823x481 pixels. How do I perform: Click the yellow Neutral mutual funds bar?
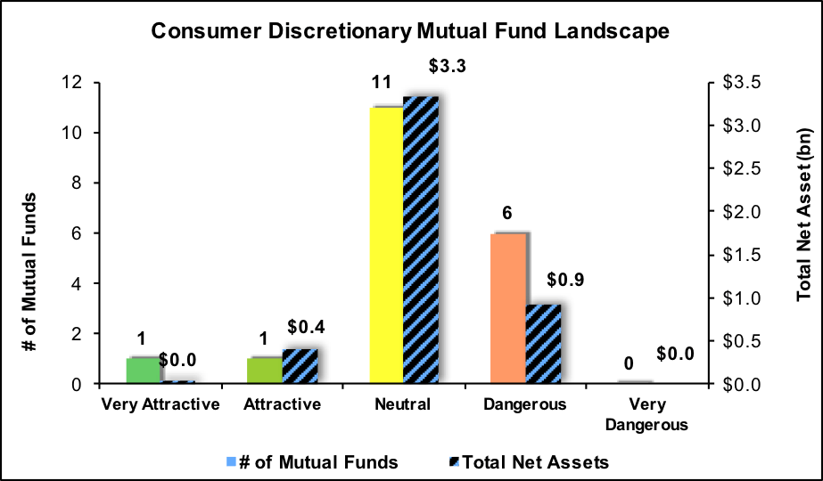click(385, 245)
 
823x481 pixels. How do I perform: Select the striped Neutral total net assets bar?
click(420, 240)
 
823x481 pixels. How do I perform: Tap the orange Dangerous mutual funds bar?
click(507, 308)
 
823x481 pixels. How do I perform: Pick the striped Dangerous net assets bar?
click(542, 344)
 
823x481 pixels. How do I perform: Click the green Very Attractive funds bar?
click(143, 371)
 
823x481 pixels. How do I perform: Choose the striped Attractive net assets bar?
click(300, 366)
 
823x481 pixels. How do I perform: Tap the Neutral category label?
click(403, 404)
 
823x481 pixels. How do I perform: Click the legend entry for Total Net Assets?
click(530, 461)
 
